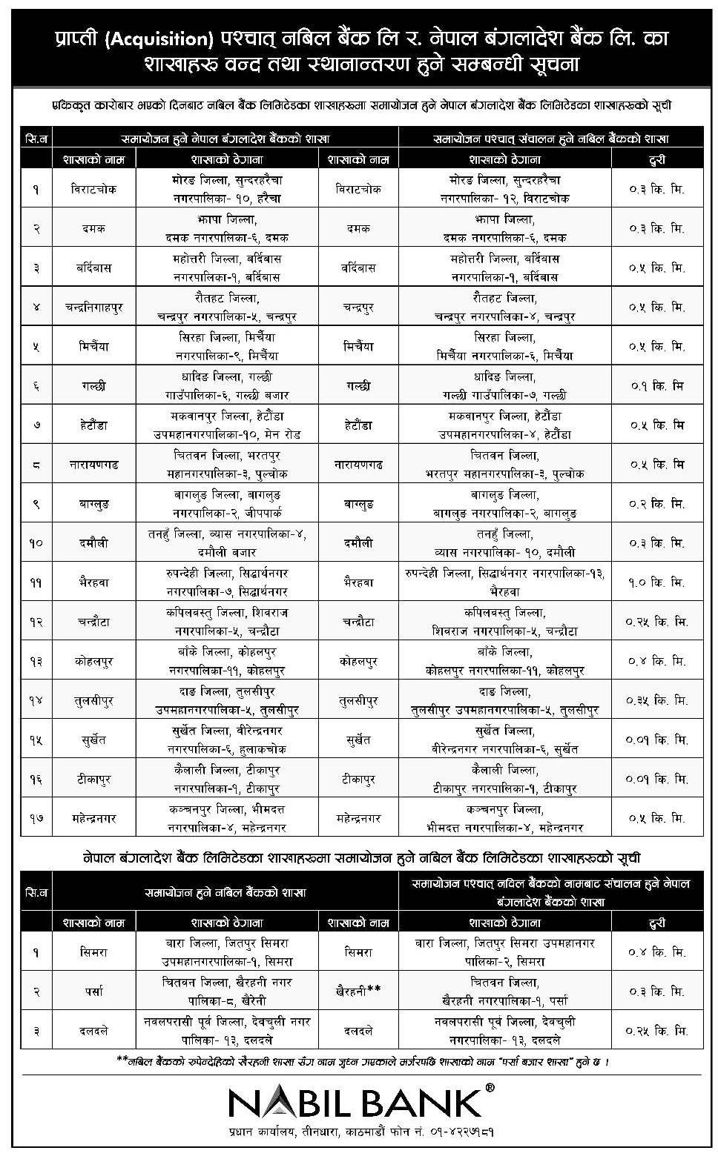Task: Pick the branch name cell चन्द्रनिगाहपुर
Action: coord(94,307)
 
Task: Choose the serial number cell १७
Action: coord(36,819)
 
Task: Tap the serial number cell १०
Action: coord(36,543)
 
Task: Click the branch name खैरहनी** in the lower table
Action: coord(358,991)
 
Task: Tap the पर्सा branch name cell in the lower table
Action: coord(94,991)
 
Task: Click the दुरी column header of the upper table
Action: coord(656,159)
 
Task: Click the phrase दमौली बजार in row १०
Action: coord(226,553)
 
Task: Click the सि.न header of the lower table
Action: coord(36,893)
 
